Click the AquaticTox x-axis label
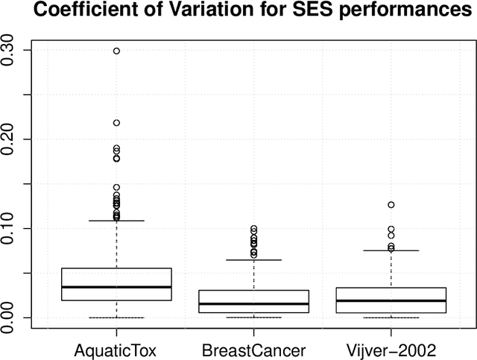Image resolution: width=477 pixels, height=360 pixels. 116,349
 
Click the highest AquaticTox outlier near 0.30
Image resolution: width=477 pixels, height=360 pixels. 116,51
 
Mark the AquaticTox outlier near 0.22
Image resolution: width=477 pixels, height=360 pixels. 116,123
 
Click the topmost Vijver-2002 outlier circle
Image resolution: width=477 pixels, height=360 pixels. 391,204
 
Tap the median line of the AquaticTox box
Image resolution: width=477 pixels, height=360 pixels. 116,287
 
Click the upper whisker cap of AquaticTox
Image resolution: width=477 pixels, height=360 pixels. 116,221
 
